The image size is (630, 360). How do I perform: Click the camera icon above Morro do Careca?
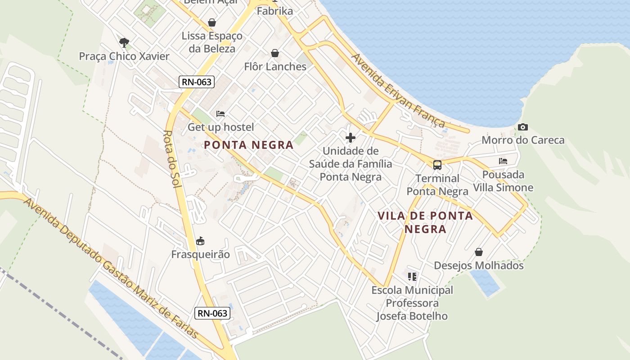pos(522,127)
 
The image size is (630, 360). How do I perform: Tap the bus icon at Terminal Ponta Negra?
pos(437,165)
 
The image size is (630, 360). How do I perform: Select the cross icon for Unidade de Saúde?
pos(350,138)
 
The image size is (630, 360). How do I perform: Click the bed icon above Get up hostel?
pos(220,114)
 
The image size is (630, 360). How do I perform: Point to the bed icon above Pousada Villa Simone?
pos(503,161)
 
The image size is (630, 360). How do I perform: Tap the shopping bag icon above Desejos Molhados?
pos(479,252)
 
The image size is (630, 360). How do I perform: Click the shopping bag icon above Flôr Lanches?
pos(275,53)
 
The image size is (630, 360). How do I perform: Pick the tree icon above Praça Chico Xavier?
pos(124,43)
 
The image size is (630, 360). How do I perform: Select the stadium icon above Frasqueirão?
pos(200,241)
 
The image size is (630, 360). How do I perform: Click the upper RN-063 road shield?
pos(196,82)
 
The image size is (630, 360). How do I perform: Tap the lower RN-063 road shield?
pos(212,313)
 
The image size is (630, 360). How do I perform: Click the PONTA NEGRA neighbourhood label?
pos(248,145)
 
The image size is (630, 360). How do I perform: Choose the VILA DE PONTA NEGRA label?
pos(425,222)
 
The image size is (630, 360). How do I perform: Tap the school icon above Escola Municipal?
pos(412,276)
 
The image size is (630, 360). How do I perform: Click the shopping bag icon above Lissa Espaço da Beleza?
pos(211,22)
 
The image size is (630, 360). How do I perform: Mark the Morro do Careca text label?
pos(523,140)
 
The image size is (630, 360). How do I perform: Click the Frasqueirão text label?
pos(200,254)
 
